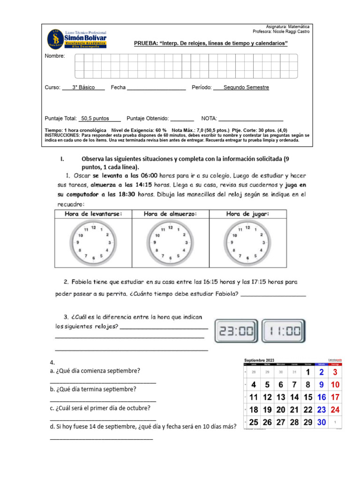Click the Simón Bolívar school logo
point(76,38)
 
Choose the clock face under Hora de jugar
point(247,243)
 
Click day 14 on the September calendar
point(294,397)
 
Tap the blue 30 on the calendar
point(322,422)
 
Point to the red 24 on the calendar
point(335,409)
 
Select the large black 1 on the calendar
point(308,372)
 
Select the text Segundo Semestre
point(246,87)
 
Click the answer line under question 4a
point(103,383)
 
